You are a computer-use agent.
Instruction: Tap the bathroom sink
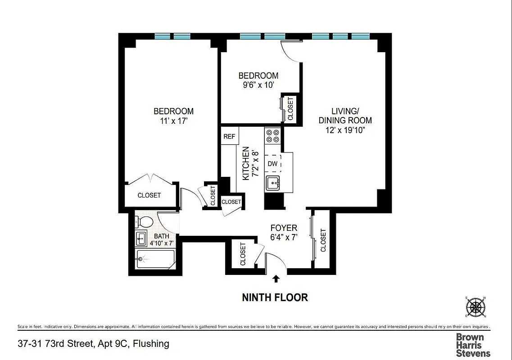tap(141, 238)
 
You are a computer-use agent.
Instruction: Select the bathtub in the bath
tap(155, 259)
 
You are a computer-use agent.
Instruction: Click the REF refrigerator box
tap(229, 136)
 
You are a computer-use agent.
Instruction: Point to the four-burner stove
tap(272, 136)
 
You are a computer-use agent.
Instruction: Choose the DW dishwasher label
tap(272, 164)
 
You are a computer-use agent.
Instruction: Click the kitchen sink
tap(273, 183)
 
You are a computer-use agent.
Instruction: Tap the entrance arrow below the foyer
tap(276, 279)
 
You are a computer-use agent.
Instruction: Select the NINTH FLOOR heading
tap(275, 297)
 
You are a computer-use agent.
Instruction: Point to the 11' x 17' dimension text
tap(173, 121)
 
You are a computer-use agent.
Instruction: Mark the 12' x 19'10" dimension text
tap(345, 130)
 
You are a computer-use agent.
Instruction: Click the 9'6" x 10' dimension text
tap(258, 85)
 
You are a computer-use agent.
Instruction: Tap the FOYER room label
tap(283, 228)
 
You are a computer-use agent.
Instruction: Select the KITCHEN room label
tap(246, 163)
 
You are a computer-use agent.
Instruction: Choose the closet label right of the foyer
tap(323, 240)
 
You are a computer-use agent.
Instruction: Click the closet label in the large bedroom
tap(149, 195)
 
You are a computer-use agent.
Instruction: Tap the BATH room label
tap(162, 236)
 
